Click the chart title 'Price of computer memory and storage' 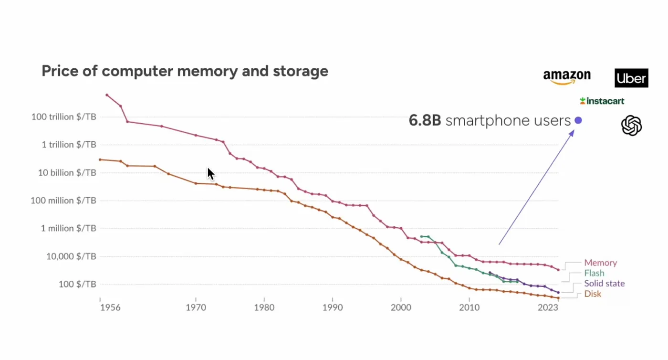185,71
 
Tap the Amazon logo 566,77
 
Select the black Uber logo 631,78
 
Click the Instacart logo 602,101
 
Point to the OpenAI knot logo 631,126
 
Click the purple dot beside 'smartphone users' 578,120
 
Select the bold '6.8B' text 425,121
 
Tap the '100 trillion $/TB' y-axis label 64,116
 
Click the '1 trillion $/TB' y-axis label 69,145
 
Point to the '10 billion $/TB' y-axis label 67,172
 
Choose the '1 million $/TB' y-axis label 68,228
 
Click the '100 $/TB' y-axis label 77,284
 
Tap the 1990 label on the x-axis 333,308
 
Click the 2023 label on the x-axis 548,308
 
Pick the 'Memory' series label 600,263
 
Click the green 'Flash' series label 594,273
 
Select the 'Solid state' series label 604,284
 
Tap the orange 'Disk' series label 593,294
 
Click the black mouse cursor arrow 210,174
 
